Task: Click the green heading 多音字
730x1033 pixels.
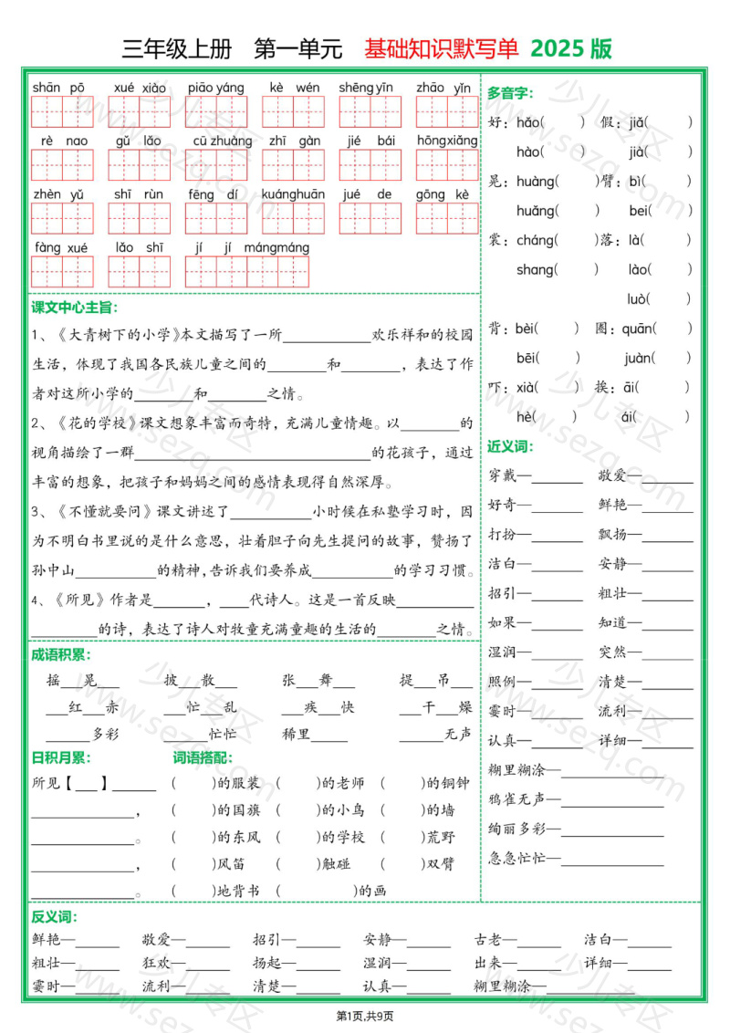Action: [x=510, y=92]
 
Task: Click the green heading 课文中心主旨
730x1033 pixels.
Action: [x=74, y=308]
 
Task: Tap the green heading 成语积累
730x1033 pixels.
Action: [x=61, y=654]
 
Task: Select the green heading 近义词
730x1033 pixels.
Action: [x=510, y=446]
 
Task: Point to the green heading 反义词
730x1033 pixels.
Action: [x=54, y=916]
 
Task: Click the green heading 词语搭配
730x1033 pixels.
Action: [x=203, y=756]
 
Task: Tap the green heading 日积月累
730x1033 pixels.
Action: [x=61, y=756]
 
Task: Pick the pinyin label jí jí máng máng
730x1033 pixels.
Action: [x=252, y=247]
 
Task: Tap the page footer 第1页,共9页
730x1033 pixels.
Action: [x=365, y=1016]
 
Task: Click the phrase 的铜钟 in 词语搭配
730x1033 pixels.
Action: [x=447, y=783]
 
